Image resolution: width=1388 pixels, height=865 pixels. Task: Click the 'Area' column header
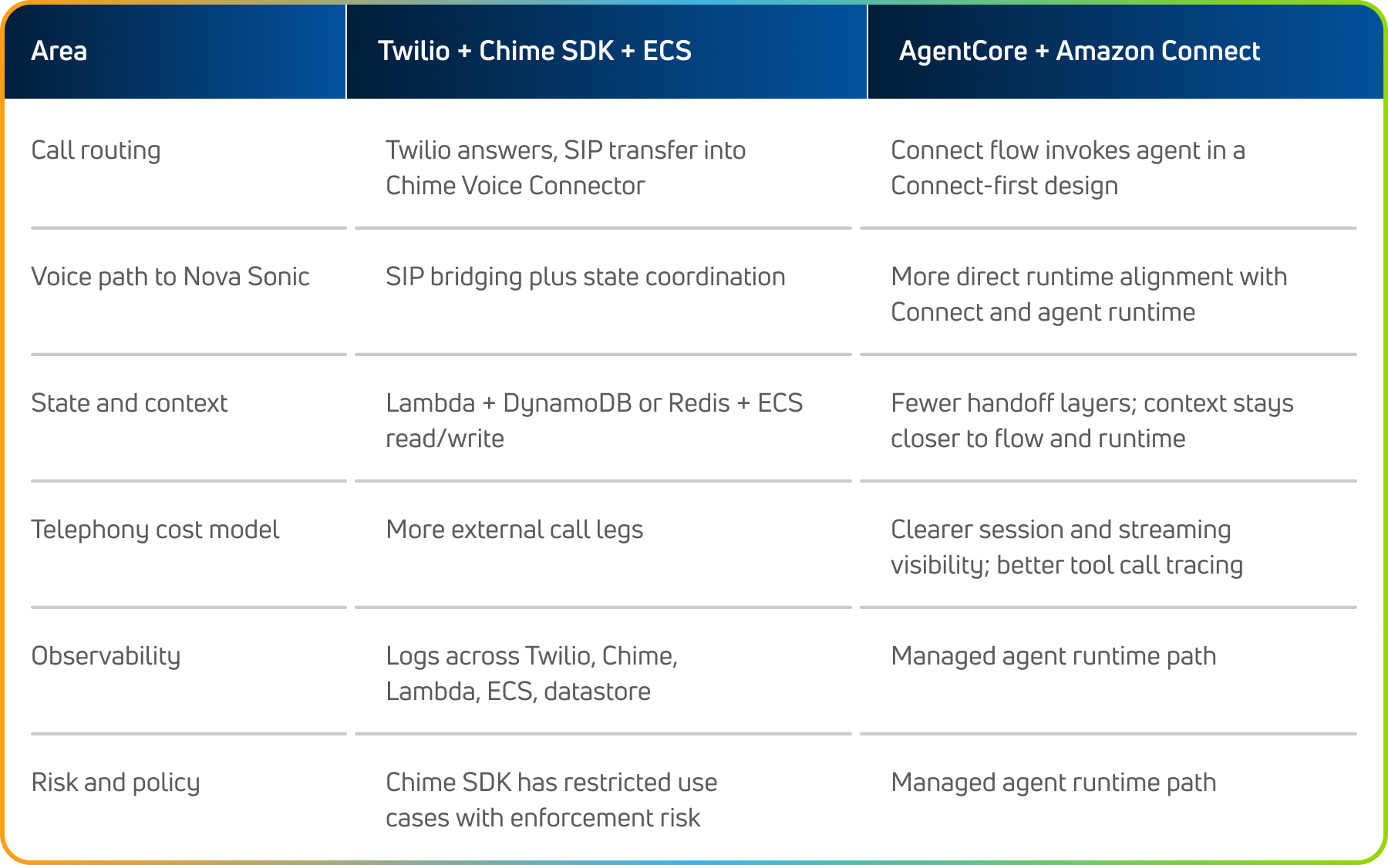click(x=59, y=51)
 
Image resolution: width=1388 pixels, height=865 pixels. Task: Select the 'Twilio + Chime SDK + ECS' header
click(x=534, y=51)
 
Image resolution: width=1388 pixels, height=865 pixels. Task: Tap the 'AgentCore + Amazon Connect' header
click(x=1080, y=51)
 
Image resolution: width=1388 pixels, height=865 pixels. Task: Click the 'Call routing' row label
click(x=96, y=150)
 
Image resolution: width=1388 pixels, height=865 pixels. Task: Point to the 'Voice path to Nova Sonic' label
click(x=170, y=277)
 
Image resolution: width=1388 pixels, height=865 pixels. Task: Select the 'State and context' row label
click(x=129, y=403)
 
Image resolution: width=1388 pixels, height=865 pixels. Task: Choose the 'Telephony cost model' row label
click(x=155, y=530)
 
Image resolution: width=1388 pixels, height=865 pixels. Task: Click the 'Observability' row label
click(x=106, y=656)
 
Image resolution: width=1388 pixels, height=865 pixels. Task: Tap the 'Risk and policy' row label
click(x=116, y=783)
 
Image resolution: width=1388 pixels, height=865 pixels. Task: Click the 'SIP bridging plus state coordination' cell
click(x=585, y=277)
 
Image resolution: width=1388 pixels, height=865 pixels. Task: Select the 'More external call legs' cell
click(x=514, y=530)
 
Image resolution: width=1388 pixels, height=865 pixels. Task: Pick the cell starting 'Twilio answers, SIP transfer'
click(x=565, y=168)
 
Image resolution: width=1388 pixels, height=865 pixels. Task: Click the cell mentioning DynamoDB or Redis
click(x=594, y=420)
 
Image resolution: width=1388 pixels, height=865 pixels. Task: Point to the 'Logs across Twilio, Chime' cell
click(x=531, y=673)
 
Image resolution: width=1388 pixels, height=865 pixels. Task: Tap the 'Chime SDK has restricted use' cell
click(x=551, y=799)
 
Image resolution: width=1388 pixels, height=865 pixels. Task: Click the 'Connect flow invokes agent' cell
click(x=1068, y=168)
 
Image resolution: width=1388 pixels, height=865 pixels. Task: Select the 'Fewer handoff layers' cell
click(x=1092, y=420)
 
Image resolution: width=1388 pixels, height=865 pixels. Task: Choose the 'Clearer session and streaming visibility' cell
click(x=1066, y=547)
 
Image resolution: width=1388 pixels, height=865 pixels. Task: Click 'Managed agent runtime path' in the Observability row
click(x=1053, y=656)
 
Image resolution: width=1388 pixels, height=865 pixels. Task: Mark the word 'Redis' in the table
click(x=699, y=403)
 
